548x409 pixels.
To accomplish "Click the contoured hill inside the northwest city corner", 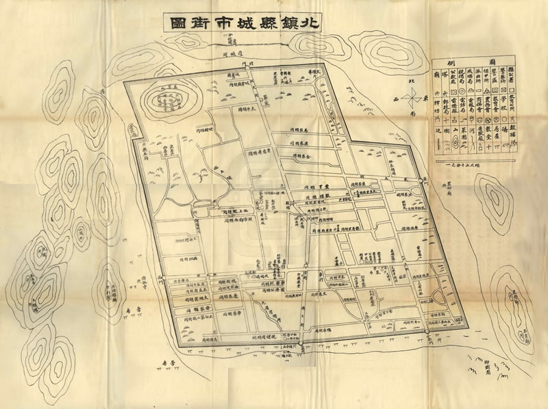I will click(x=168, y=100).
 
